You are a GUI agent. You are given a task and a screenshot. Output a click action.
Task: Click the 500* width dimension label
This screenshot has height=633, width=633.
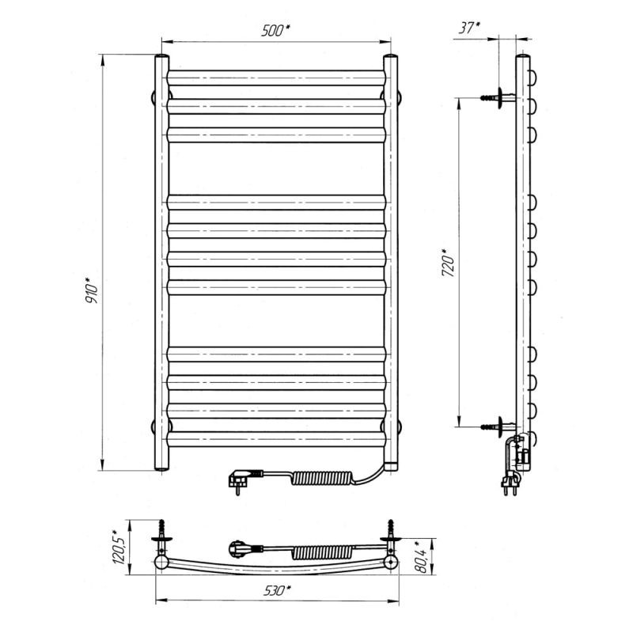coord(276,30)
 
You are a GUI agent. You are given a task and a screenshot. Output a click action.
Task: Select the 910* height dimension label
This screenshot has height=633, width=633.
coord(92,290)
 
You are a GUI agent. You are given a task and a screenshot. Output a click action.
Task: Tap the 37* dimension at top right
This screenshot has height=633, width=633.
coord(469,28)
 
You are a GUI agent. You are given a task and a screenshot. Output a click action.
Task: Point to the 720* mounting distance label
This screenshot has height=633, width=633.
coord(448,263)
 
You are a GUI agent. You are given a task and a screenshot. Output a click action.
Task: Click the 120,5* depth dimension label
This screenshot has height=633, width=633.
coord(119,547)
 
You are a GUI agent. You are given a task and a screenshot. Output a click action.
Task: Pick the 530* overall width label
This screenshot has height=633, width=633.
coord(277,590)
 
